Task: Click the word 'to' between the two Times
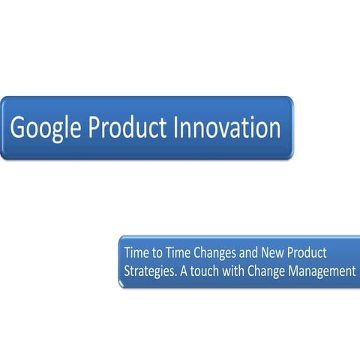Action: [x=154, y=253]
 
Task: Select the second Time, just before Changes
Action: [x=175, y=253]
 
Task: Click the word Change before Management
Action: [x=274, y=271]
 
